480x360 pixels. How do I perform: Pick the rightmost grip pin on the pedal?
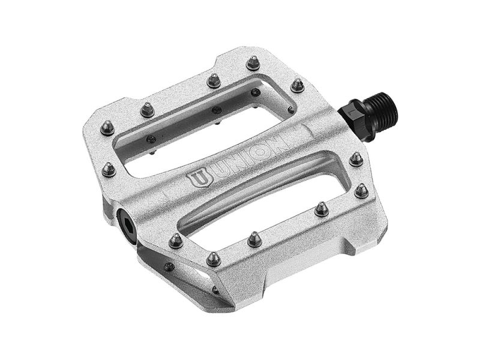[x=361, y=191]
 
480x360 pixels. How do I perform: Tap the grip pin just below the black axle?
[x=356, y=159]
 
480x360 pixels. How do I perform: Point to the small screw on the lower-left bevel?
[x=170, y=266]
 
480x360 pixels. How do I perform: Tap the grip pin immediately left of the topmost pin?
[x=213, y=79]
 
